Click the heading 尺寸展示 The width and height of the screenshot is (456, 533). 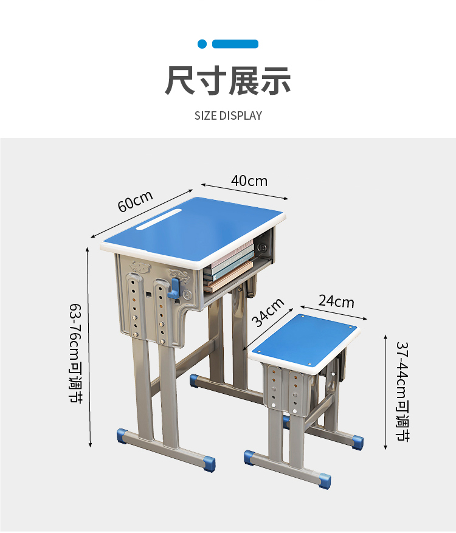pos(228,81)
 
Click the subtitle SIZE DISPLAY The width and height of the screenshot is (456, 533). pos(228,115)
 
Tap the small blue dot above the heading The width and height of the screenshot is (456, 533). pos(202,44)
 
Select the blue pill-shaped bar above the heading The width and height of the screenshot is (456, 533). pos(235,44)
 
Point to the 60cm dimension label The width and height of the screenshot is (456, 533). pos(135,201)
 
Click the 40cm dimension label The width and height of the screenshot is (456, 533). pos(249,181)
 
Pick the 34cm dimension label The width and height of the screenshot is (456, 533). pos(268,312)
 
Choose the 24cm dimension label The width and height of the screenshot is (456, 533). pos(336,301)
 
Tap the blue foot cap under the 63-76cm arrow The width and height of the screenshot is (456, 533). pos(123,436)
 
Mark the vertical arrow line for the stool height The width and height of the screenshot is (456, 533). pos(385,392)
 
